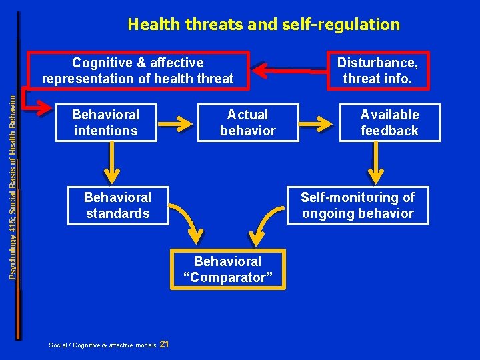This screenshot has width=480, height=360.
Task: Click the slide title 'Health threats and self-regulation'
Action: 263,25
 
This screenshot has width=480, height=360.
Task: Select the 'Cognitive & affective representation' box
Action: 138,71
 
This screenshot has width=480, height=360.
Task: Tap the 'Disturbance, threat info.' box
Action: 377,71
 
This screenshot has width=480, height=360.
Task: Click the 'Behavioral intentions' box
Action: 106,123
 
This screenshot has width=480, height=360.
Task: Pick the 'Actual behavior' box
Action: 247,123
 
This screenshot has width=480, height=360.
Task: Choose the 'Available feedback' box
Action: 389,123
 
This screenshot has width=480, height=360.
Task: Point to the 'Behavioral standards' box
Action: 117,205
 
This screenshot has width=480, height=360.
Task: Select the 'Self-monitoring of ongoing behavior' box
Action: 357,205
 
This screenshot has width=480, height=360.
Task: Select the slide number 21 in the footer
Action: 165,344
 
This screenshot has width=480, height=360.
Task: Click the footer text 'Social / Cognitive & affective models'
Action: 103,345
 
